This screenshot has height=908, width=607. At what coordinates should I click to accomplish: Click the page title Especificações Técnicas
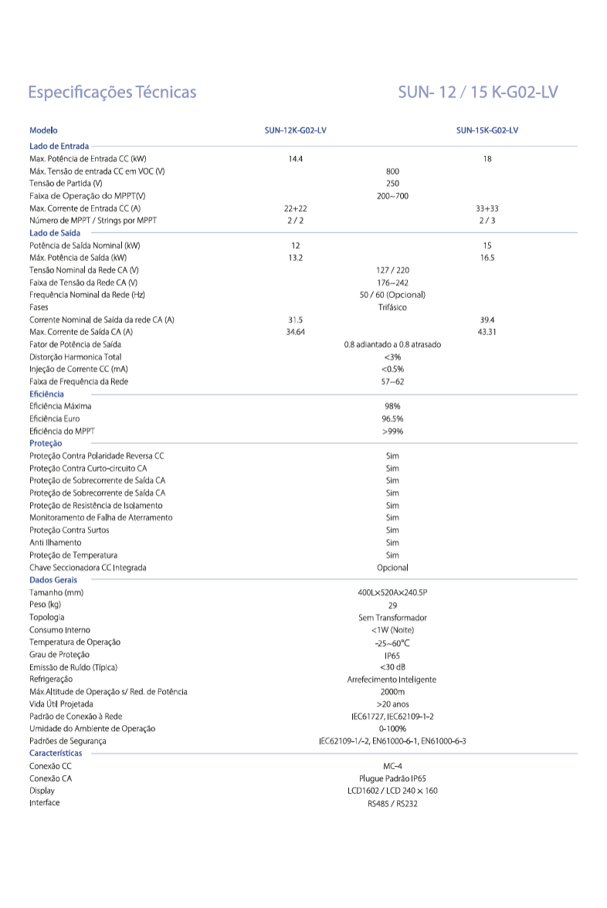pyautogui.click(x=113, y=93)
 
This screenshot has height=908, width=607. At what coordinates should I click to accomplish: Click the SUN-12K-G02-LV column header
pyautogui.click(x=295, y=130)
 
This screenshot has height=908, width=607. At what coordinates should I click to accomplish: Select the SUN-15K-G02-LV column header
pyautogui.click(x=487, y=130)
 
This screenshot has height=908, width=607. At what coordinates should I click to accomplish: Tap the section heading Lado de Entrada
pyautogui.click(x=59, y=145)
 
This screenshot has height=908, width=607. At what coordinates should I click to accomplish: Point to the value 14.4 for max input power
pyautogui.click(x=295, y=158)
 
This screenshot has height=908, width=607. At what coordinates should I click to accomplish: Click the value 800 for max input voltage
pyautogui.click(x=392, y=171)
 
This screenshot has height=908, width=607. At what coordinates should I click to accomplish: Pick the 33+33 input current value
pyautogui.click(x=487, y=208)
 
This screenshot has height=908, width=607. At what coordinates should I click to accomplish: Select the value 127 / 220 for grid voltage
pyautogui.click(x=392, y=269)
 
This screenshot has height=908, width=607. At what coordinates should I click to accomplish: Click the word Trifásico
pyautogui.click(x=392, y=307)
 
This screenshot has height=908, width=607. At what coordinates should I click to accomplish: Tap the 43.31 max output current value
pyautogui.click(x=487, y=332)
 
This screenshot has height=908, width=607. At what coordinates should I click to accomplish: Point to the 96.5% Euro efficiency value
pyautogui.click(x=392, y=418)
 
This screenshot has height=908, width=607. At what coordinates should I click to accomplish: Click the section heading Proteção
pyautogui.click(x=46, y=443)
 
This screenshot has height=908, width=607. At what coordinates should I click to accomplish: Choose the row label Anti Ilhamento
pyautogui.click(x=56, y=542)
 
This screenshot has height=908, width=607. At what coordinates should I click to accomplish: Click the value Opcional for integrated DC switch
pyautogui.click(x=392, y=567)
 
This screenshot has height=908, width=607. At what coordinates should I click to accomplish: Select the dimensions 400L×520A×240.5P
pyautogui.click(x=392, y=592)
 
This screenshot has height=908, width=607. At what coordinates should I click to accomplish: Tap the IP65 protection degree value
pyautogui.click(x=392, y=655)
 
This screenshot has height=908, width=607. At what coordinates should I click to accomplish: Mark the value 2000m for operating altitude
pyautogui.click(x=392, y=692)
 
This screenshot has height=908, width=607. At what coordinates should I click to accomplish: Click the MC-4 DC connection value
pyautogui.click(x=392, y=766)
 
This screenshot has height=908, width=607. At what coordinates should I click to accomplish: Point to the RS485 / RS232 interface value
pyautogui.click(x=392, y=803)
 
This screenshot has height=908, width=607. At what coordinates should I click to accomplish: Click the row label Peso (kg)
pyautogui.click(x=45, y=605)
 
